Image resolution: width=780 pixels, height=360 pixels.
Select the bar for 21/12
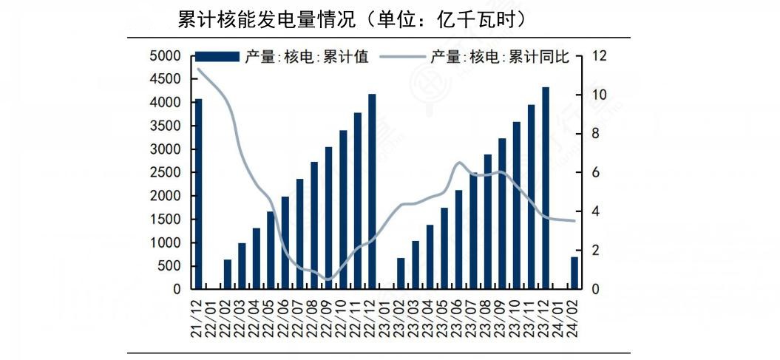[198, 194]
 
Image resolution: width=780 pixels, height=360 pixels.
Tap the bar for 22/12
[372, 191]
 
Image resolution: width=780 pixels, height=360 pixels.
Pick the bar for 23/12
[546, 188]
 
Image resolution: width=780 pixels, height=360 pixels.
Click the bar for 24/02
[574, 273]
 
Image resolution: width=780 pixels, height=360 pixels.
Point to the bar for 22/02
[227, 274]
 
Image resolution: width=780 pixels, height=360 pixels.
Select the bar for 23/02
[401, 274]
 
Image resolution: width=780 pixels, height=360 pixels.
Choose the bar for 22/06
[285, 242]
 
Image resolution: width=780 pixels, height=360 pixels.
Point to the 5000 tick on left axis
[165, 56]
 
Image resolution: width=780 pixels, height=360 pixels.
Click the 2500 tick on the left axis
[165, 173]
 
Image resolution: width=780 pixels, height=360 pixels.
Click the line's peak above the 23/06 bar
[459, 163]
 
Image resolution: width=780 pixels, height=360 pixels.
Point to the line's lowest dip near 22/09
[329, 279]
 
